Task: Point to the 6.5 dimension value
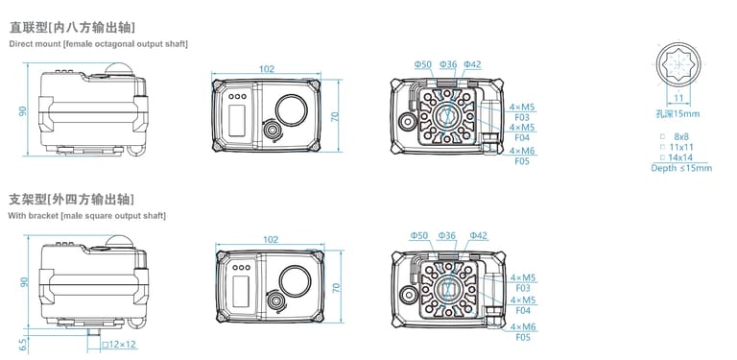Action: point(23,345)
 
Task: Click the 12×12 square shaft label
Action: point(119,345)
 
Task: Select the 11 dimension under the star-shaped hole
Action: point(678,98)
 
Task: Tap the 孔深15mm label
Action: point(678,113)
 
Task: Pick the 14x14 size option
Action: point(679,157)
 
